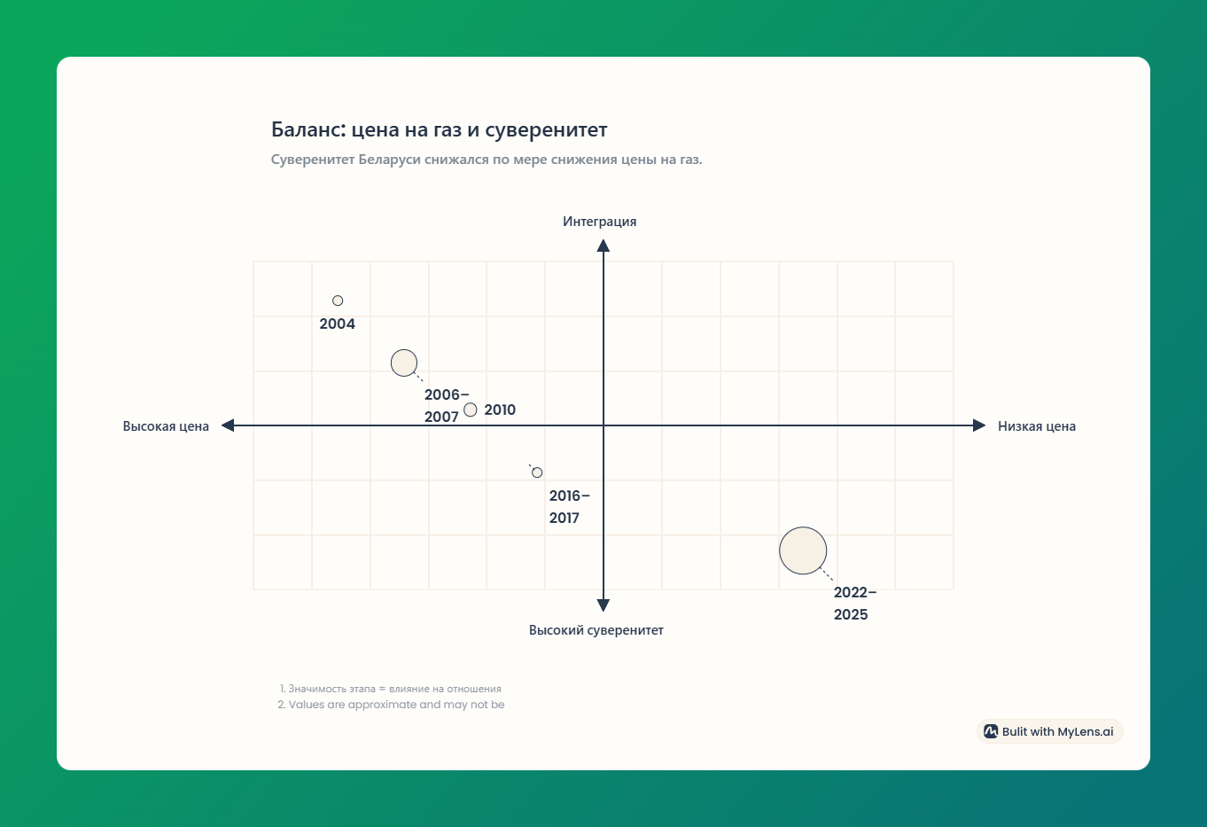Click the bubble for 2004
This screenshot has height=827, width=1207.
[x=338, y=300]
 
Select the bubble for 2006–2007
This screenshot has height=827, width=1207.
[x=403, y=363]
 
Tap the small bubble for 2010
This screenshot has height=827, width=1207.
[x=471, y=410]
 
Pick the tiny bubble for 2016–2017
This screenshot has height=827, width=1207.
[x=537, y=472]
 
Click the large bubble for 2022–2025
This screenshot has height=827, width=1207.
[x=803, y=550]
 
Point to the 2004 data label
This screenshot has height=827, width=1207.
[x=338, y=324]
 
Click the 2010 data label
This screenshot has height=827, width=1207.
[x=500, y=410]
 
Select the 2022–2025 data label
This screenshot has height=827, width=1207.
[x=855, y=604]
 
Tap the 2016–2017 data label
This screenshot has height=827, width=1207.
[x=570, y=507]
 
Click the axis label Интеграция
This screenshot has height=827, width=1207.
[x=599, y=222]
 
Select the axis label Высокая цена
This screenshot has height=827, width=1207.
[x=166, y=425]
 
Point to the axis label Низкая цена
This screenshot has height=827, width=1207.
[x=1037, y=425]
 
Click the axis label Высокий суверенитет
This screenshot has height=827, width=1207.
[x=596, y=630]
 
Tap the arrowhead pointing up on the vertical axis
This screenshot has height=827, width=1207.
[x=603, y=246]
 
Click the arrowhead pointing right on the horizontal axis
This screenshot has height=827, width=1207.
[x=979, y=425]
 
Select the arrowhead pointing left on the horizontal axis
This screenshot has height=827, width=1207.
[x=228, y=425]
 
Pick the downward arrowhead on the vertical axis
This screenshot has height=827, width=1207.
[x=603, y=605]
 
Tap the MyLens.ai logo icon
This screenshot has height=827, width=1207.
[x=991, y=731]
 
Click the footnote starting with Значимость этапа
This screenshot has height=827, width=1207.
[x=390, y=689]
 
